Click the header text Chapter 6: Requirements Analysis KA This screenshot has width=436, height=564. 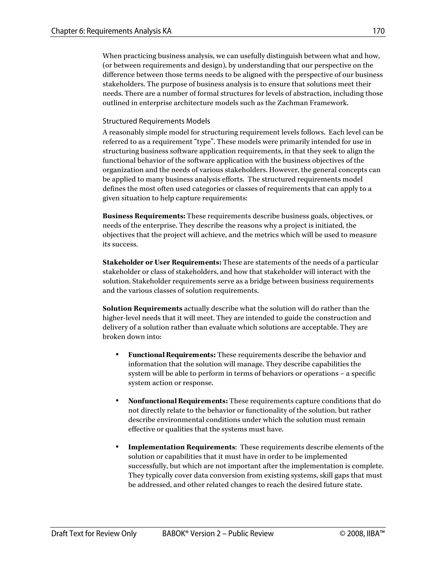pos(111,31)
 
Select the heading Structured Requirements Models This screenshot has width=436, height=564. pos(156,121)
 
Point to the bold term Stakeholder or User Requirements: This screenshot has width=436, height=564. pos(162,262)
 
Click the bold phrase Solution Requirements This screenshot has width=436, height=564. pos(142,309)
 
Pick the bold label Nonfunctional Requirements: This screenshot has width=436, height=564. pos(178,401)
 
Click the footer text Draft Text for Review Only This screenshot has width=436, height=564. pos(94,534)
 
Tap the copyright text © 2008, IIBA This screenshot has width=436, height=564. pos(362,534)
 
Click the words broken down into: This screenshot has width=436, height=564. pos(132,337)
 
